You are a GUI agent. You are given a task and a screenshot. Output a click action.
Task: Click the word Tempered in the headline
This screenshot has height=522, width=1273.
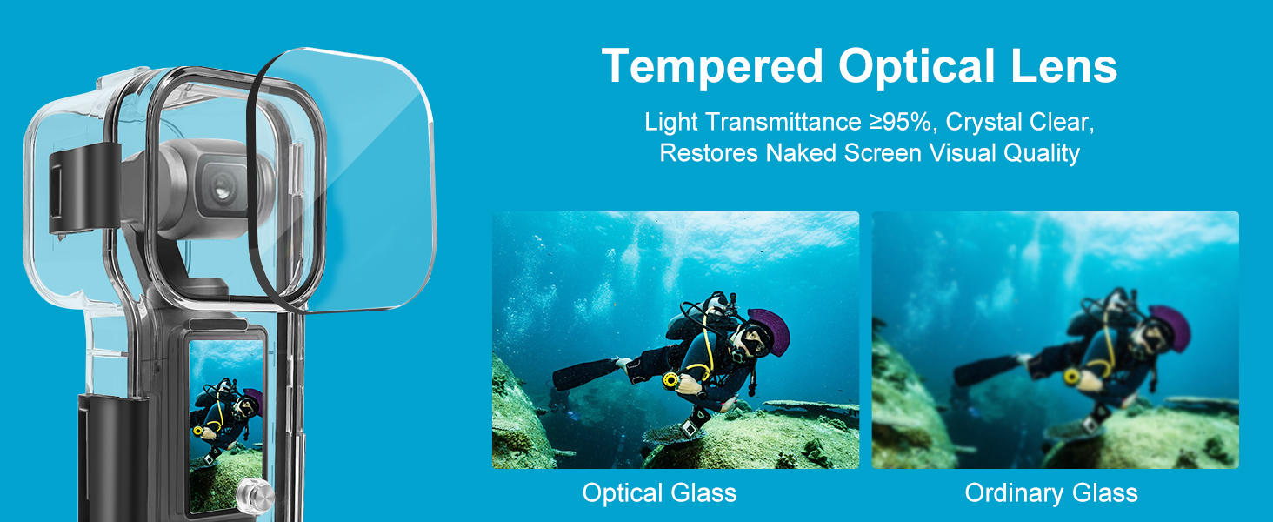click(712, 67)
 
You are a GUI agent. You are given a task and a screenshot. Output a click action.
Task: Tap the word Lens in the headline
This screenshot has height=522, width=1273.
click(1063, 66)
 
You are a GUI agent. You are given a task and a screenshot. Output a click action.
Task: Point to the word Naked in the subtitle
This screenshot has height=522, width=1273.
click(802, 153)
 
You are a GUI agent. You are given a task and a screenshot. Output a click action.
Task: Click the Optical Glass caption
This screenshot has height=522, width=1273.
click(659, 493)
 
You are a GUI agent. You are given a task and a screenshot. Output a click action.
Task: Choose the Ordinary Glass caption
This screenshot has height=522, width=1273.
click(1051, 493)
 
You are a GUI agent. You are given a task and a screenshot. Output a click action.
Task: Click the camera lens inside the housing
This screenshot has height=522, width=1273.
click(223, 189)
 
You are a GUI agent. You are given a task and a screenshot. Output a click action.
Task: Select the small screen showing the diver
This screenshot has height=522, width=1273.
click(226, 425)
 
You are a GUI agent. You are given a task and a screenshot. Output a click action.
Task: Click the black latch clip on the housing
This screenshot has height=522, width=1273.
click(84, 189)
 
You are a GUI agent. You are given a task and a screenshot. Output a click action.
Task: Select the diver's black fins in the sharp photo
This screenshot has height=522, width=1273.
click(585, 373)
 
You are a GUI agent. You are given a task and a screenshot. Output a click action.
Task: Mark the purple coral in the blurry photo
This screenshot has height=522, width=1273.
click(1170, 327)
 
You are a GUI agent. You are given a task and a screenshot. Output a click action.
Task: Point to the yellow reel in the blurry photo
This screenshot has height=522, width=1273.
click(1072, 376)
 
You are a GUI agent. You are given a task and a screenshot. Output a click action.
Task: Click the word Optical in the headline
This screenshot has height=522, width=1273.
click(916, 67)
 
